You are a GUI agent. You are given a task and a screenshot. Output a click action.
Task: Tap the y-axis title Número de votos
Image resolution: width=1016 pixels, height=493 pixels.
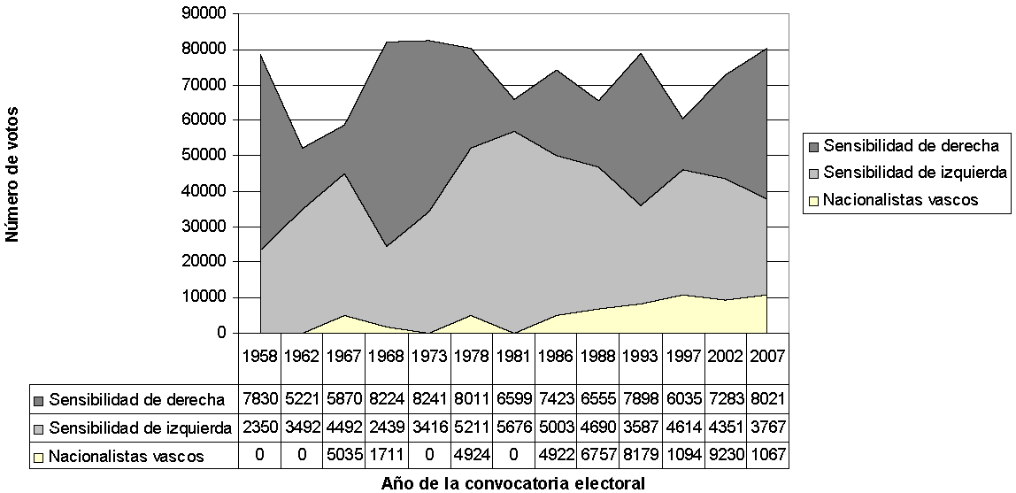pos(12,173)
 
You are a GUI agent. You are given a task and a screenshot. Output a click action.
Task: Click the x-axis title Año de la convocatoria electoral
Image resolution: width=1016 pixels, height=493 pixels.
pos(512,483)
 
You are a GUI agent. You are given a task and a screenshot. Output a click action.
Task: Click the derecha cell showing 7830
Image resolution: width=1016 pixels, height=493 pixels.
pos(259,398)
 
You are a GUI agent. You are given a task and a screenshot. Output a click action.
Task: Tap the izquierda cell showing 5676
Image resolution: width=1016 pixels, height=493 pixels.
pos(513,428)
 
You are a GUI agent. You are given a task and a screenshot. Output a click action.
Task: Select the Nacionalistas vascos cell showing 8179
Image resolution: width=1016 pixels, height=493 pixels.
pos(641,457)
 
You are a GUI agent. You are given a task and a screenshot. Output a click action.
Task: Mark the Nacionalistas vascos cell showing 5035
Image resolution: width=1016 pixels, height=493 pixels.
pos(344,457)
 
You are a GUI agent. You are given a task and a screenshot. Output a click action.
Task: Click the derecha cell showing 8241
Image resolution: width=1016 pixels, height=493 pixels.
pos(429,398)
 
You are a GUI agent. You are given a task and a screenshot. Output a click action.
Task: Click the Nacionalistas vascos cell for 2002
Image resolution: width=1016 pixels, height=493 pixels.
pos(726,457)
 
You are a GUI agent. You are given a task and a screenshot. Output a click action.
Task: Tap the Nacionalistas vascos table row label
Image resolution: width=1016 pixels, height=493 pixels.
pos(126,457)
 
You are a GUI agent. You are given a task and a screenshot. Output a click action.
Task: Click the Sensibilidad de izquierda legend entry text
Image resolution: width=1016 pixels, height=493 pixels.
pos(914,173)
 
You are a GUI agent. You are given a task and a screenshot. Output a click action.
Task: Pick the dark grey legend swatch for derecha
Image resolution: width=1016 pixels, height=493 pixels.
pos(812,146)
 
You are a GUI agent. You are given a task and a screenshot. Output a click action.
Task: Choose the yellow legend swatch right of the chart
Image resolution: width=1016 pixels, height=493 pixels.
pos(812,200)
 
